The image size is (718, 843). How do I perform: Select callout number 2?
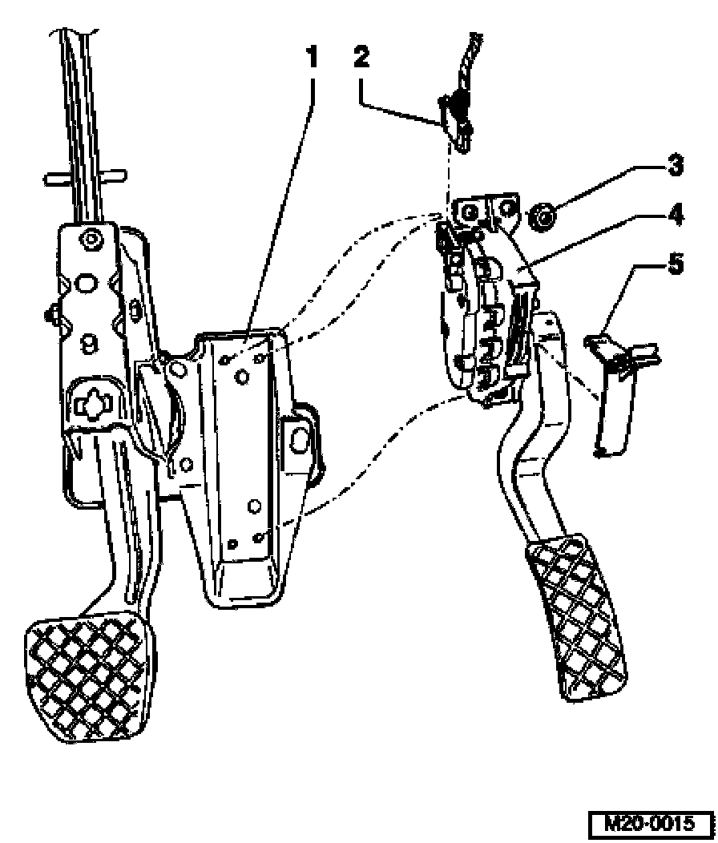pyautogui.click(x=362, y=56)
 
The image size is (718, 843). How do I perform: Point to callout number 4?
pyautogui.click(x=674, y=215)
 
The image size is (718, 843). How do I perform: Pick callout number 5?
pyautogui.click(x=675, y=264)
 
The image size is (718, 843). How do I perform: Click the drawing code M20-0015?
pyautogui.click(x=650, y=823)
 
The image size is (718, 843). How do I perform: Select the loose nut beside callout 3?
pyautogui.click(x=543, y=217)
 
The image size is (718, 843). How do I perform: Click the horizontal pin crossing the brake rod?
pyautogui.click(x=85, y=176)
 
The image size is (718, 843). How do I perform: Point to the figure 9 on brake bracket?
pyautogui.click(x=90, y=343)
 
